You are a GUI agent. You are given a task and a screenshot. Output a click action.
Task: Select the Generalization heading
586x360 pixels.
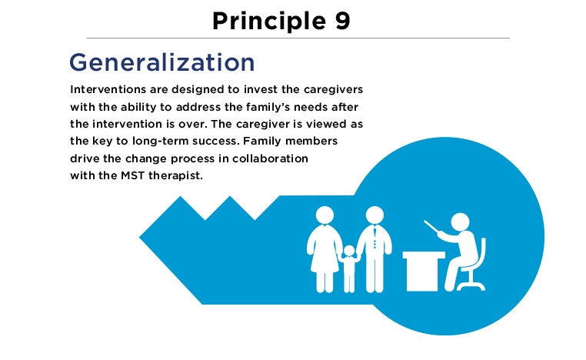click(x=161, y=62)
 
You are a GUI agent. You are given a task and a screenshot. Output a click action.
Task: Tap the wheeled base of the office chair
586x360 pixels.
click(x=471, y=285)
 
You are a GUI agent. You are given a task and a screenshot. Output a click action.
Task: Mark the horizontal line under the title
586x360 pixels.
click(x=298, y=38)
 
